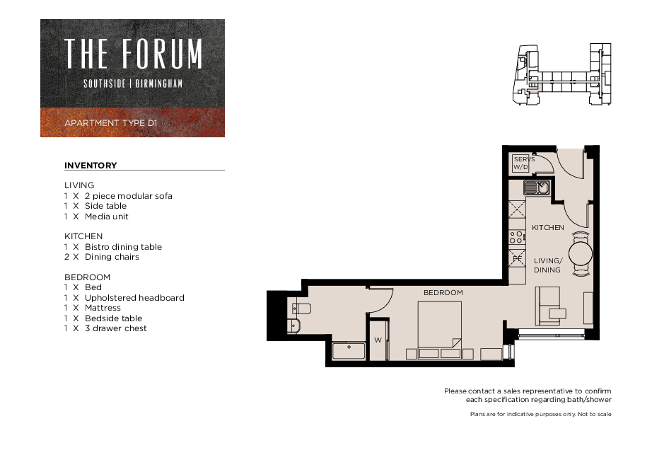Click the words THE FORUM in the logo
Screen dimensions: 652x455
(x=133, y=53)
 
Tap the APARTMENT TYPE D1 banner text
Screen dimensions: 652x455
(x=111, y=123)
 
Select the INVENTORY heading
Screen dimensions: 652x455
(x=91, y=166)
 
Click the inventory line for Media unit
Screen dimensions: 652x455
(x=96, y=217)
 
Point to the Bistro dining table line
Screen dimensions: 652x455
(x=113, y=247)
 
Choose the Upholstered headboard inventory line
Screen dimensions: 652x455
(x=124, y=298)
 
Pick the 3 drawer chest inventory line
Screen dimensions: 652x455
(x=105, y=328)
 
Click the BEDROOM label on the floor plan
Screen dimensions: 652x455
(x=443, y=292)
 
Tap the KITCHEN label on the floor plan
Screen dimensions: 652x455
(x=548, y=228)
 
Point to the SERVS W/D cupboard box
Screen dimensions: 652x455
(x=520, y=163)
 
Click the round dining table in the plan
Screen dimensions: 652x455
(x=581, y=253)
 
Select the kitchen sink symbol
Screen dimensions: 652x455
(x=537, y=188)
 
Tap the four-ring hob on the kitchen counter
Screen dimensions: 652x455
(x=516, y=237)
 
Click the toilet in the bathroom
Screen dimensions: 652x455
(x=301, y=309)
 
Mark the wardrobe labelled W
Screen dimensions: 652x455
(x=378, y=340)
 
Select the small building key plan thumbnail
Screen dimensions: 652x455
(x=561, y=74)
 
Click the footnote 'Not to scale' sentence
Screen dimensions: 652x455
(x=540, y=414)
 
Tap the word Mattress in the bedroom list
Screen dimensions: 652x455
(x=103, y=308)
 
